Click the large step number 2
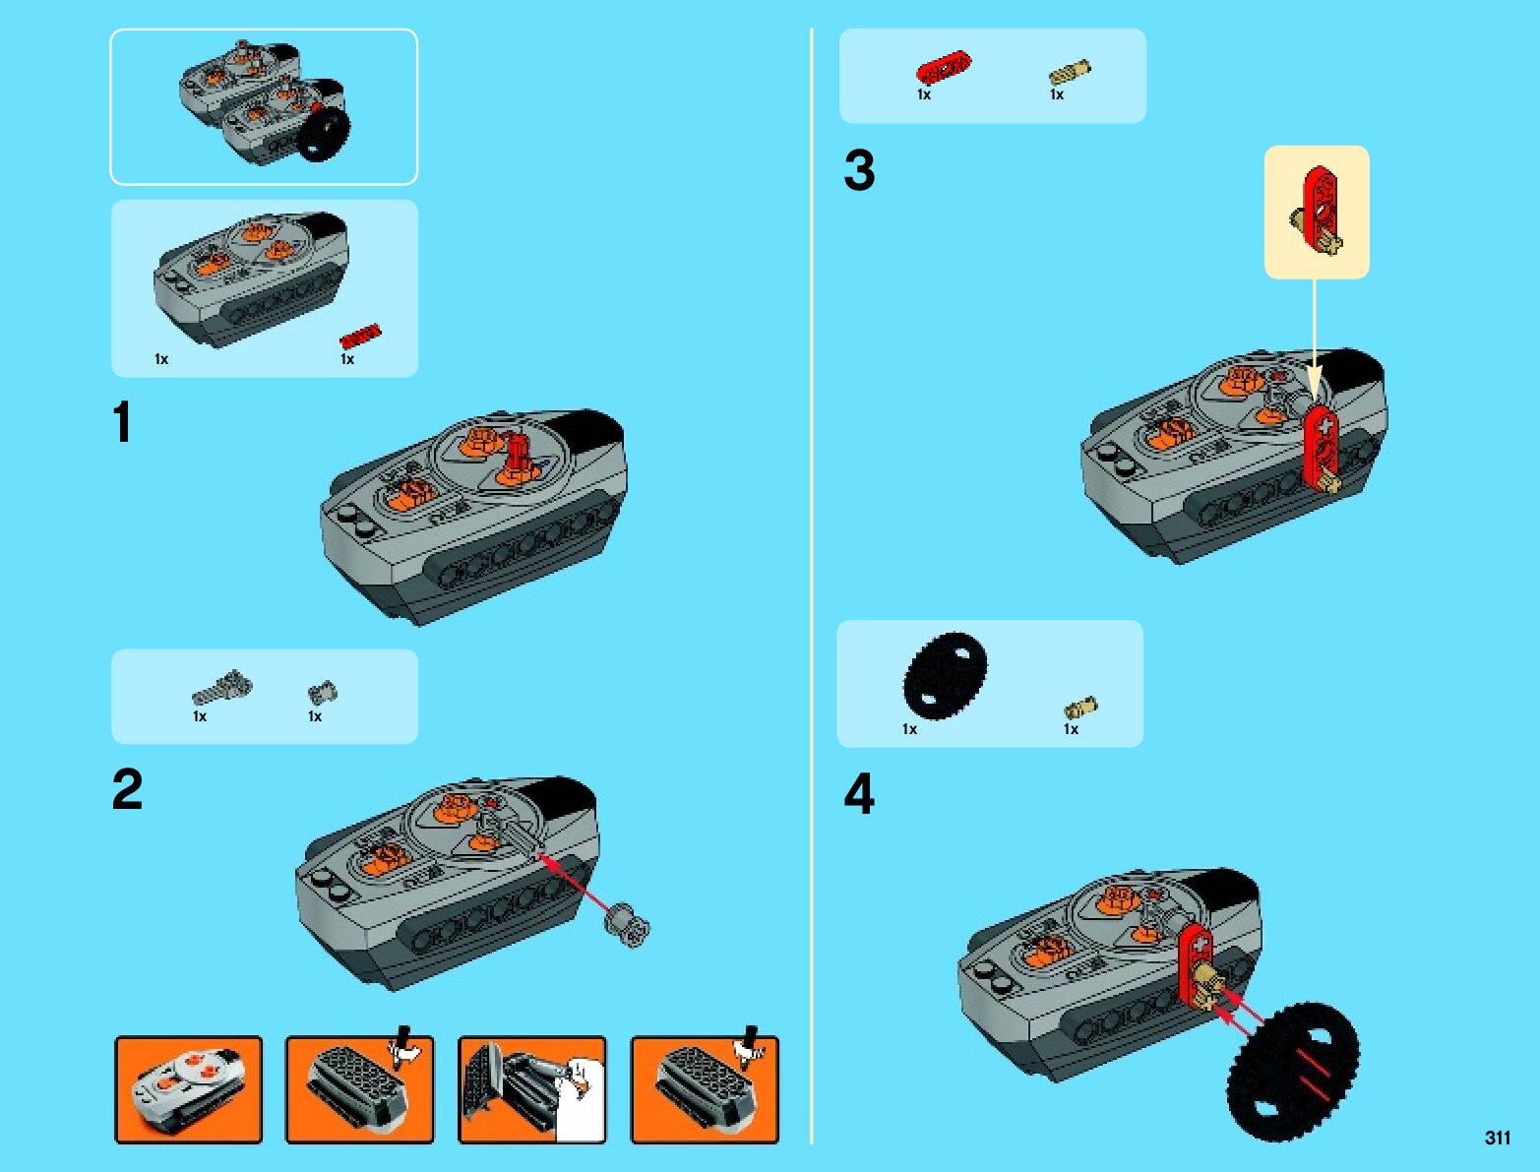tap(127, 789)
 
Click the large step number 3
tap(859, 170)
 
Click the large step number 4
tap(859, 794)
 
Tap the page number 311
tap(1498, 1138)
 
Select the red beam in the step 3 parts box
tap(944, 68)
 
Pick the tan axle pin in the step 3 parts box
tap(1070, 72)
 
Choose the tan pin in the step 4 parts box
tap(1080, 708)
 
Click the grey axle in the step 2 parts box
tap(221, 686)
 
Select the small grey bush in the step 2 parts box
tap(323, 694)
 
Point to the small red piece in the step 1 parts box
tap(360, 336)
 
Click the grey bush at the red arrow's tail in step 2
tap(627, 926)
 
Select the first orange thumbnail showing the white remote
tap(188, 1090)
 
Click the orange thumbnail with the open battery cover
tap(531, 1090)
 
